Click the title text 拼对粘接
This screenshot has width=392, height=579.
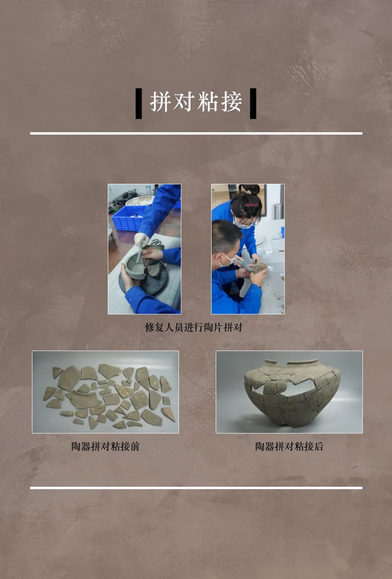click(196, 102)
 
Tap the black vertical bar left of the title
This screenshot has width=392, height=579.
click(139, 104)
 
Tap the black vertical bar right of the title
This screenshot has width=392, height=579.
click(253, 104)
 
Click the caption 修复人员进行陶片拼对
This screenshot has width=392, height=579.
click(193, 327)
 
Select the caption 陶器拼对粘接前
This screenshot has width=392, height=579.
click(105, 446)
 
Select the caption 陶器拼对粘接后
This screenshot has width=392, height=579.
click(289, 446)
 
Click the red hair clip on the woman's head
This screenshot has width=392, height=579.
click(251, 205)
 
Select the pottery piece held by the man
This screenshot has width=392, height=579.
click(260, 268)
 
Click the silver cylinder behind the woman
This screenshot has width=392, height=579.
click(278, 211)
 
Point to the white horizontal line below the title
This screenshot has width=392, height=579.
click(196, 133)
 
